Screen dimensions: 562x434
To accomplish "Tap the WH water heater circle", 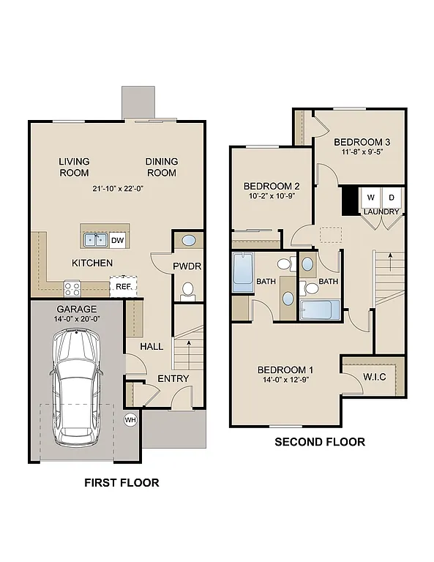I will tap(131, 420).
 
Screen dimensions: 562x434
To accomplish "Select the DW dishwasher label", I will tap(118, 239).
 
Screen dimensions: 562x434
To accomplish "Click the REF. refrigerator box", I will tap(121, 287).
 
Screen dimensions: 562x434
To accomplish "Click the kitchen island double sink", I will tap(95, 239).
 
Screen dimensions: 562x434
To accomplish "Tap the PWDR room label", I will tap(187, 266).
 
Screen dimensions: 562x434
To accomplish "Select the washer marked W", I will tap(370, 198).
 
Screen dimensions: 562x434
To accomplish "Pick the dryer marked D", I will tap(392, 198).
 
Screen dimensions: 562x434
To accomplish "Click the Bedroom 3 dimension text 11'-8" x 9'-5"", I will tap(359, 153).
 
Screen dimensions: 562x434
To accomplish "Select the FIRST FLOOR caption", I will tap(121, 482).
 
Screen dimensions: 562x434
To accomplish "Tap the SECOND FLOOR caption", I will tap(319, 442).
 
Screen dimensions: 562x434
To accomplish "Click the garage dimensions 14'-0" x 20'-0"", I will tap(78, 320).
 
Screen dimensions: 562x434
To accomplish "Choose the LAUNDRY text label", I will tap(381, 212).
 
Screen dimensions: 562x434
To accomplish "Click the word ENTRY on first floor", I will tap(173, 378).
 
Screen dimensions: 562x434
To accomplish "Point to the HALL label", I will tap(151, 346).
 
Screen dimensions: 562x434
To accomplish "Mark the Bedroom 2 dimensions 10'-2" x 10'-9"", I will tap(272, 197).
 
